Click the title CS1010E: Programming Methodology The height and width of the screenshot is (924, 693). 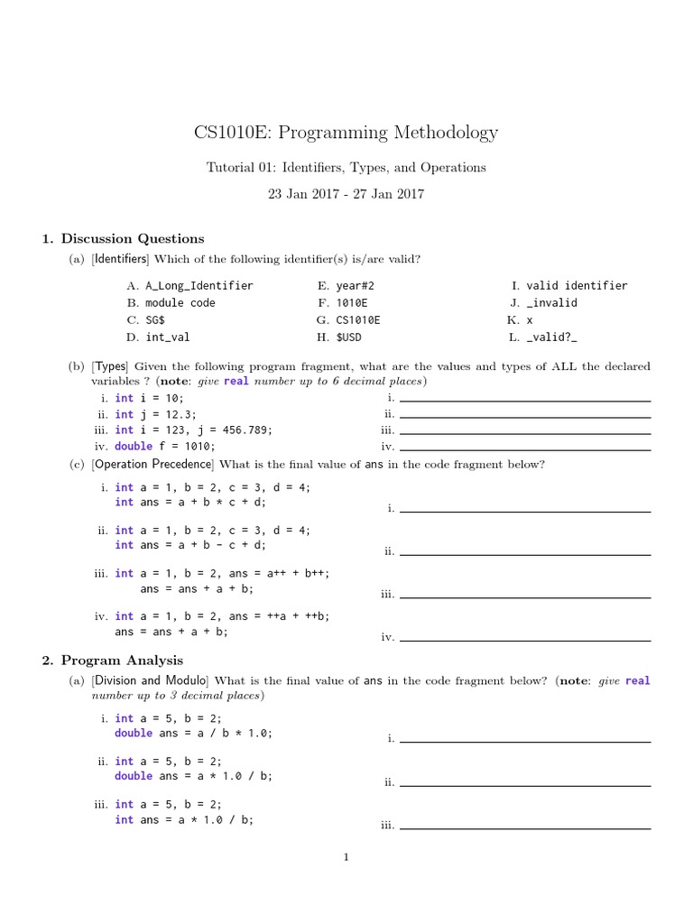346,133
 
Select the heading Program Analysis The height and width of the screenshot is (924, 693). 121,661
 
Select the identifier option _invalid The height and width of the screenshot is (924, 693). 551,303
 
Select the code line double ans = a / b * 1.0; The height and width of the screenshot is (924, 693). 193,734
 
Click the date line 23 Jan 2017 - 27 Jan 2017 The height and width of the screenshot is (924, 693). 346,193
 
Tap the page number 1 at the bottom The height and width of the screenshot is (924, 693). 346,857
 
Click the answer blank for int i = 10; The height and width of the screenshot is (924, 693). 524,398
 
